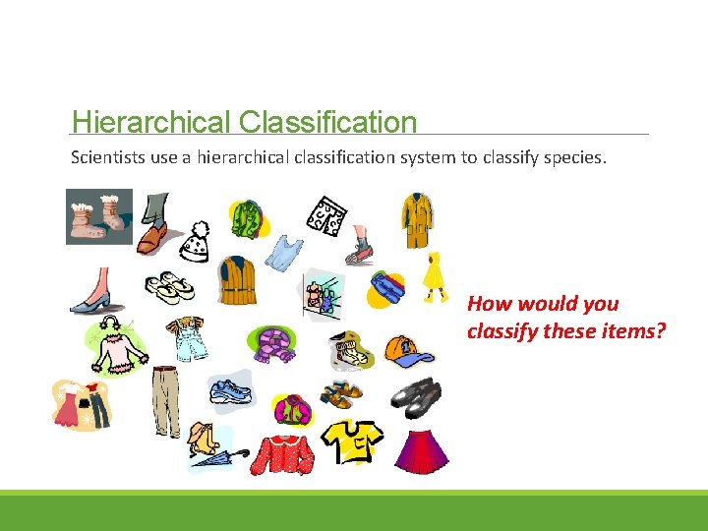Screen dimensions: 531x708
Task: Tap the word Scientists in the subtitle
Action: pyautogui.click(x=107, y=157)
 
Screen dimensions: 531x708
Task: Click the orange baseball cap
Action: pyautogui.click(x=402, y=349)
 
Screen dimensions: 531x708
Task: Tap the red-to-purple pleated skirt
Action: pyautogui.click(x=422, y=447)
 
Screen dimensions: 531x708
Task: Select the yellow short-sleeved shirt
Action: pyautogui.click(x=354, y=440)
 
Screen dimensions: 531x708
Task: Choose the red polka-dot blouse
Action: pyautogui.click(x=283, y=451)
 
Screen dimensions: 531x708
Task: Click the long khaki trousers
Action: pyautogui.click(x=166, y=399)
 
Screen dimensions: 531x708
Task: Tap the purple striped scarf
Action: pyautogui.click(x=273, y=344)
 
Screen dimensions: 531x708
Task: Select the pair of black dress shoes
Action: pyautogui.click(x=417, y=393)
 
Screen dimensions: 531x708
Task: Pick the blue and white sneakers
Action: pyautogui.click(x=231, y=391)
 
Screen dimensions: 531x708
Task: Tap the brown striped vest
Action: pyautogui.click(x=237, y=281)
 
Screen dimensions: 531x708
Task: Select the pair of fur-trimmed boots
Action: pyautogui.click(x=99, y=216)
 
